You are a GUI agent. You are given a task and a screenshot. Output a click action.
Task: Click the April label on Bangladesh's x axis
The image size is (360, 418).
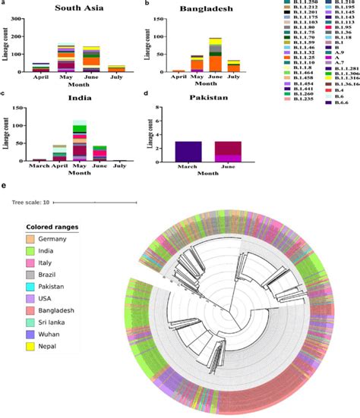178,76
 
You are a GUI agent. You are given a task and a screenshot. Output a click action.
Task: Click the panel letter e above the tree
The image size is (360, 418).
5,184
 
